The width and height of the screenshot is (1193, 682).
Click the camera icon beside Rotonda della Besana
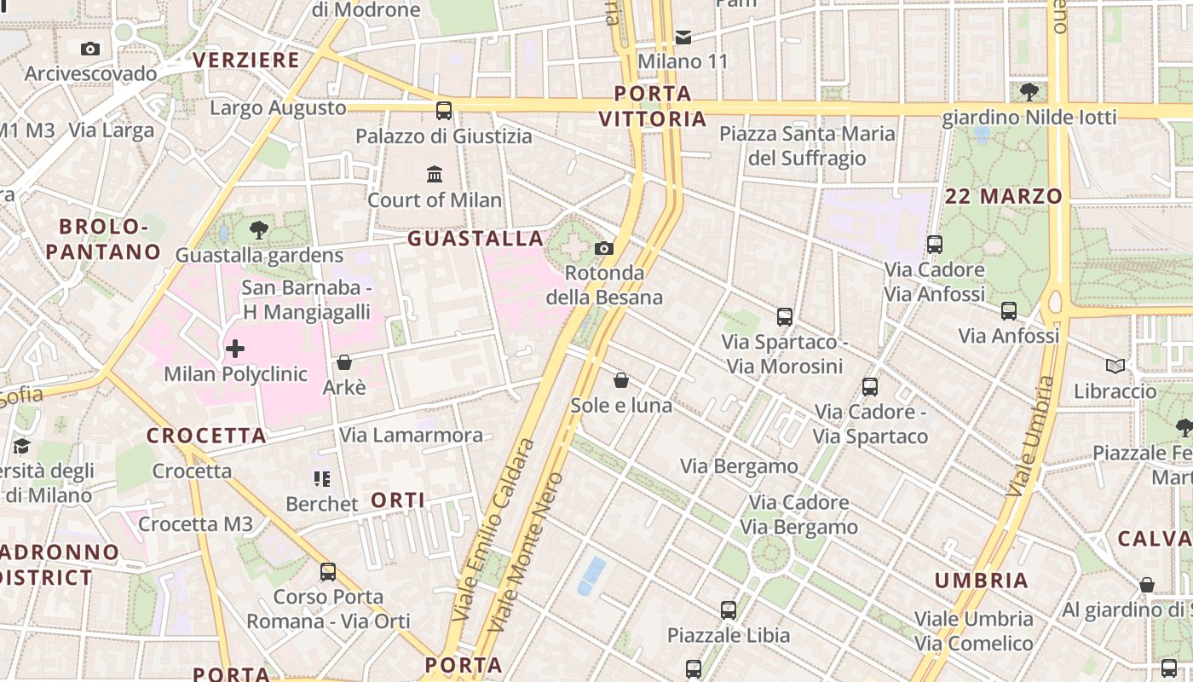(x=604, y=248)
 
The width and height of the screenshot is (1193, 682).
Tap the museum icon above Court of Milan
(x=435, y=175)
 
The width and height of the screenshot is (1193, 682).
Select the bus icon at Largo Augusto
(x=443, y=110)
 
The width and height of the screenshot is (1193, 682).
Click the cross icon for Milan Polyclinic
(x=234, y=349)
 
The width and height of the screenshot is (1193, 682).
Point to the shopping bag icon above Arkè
(x=344, y=363)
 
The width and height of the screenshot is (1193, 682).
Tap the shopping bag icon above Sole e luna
(x=621, y=380)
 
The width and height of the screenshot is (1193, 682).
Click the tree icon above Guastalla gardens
(x=258, y=230)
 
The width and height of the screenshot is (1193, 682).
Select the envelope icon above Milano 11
(x=683, y=37)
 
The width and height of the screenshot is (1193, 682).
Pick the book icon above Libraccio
(x=1115, y=367)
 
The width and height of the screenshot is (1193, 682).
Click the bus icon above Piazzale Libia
(x=728, y=610)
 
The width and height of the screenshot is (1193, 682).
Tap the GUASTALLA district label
(x=475, y=239)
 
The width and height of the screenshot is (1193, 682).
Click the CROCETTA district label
(x=206, y=436)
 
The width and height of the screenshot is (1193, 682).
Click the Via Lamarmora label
(x=411, y=436)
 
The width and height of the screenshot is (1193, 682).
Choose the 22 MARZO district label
(x=1004, y=197)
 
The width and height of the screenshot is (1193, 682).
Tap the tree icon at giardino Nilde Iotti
(x=1029, y=91)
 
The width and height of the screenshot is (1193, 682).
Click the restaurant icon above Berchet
(x=321, y=479)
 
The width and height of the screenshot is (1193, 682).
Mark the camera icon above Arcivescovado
(x=90, y=49)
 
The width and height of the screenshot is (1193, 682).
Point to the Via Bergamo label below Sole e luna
(x=739, y=466)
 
